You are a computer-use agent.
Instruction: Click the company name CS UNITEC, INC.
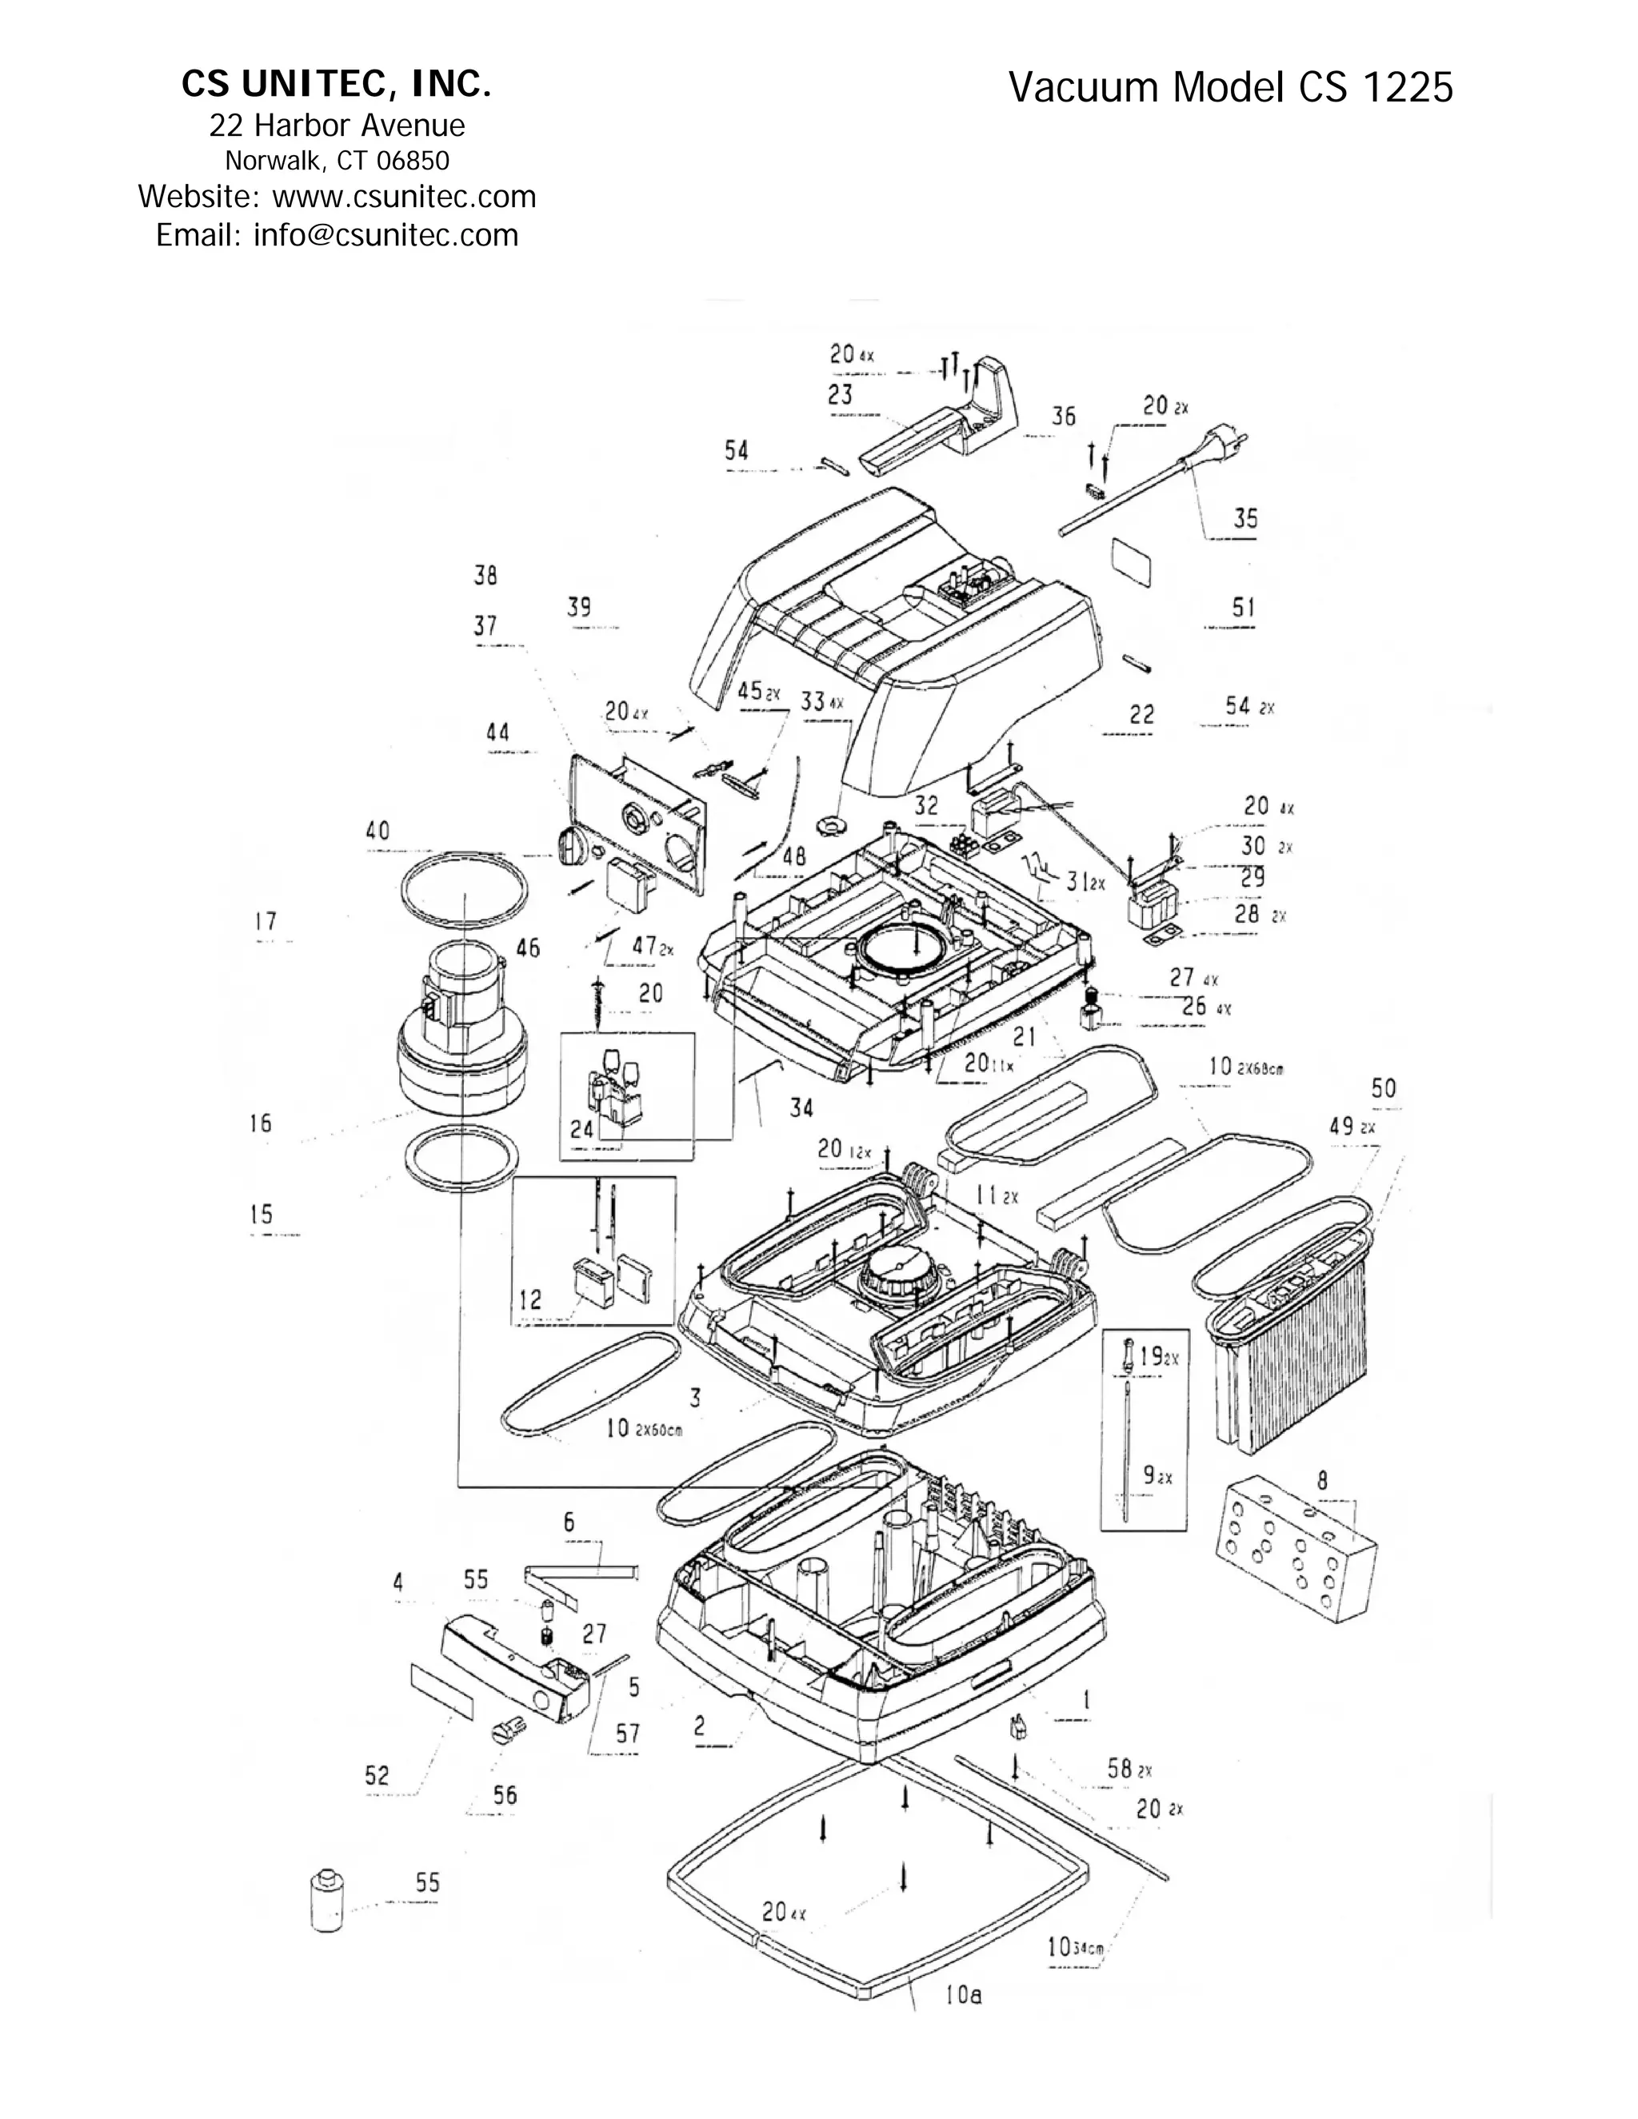pyautogui.click(x=336, y=86)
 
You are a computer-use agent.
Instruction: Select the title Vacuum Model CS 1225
pyautogui.click(x=1230, y=88)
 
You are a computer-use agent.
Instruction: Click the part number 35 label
pyautogui.click(x=1245, y=518)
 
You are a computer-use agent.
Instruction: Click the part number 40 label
pyautogui.click(x=378, y=832)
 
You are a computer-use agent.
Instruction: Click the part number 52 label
pyautogui.click(x=377, y=1775)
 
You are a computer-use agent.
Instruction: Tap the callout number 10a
pyautogui.click(x=963, y=1995)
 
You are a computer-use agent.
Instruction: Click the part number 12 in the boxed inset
pyautogui.click(x=529, y=1300)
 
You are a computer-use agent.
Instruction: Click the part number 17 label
pyautogui.click(x=266, y=922)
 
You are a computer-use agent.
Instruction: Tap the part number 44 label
pyautogui.click(x=497, y=732)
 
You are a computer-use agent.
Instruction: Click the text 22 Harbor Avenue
pyautogui.click(x=337, y=126)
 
